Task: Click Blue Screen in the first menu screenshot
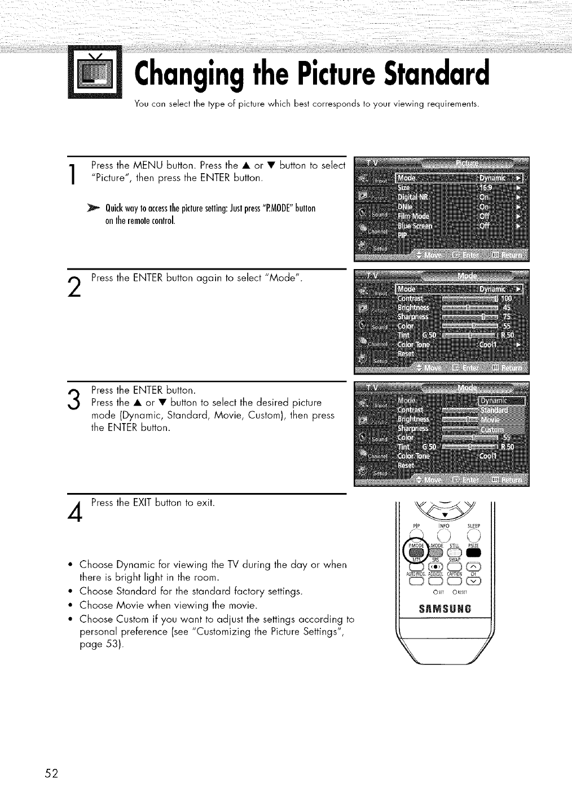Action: pyautogui.click(x=416, y=226)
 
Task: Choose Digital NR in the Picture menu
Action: pyautogui.click(x=413, y=197)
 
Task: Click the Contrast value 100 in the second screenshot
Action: pyautogui.click(x=507, y=298)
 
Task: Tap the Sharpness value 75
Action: pyautogui.click(x=507, y=317)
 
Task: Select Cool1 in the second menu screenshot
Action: pyautogui.click(x=489, y=345)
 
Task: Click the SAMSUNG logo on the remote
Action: pyautogui.click(x=446, y=609)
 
